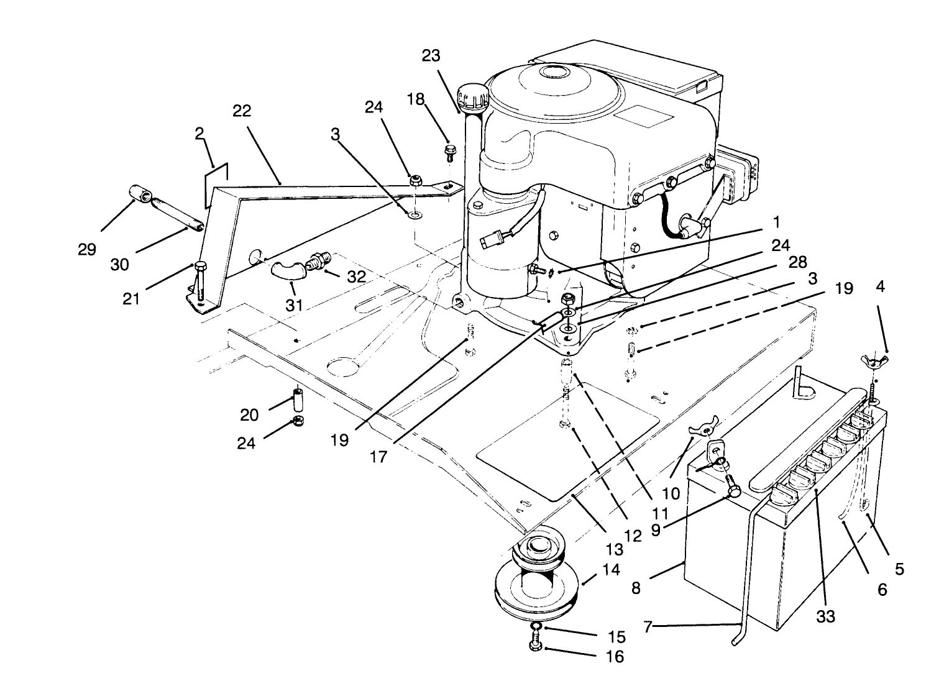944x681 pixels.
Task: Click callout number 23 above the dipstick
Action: point(431,56)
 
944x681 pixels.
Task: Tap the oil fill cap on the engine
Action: point(471,97)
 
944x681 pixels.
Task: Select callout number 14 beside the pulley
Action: point(612,569)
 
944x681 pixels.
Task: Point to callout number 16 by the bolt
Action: point(615,656)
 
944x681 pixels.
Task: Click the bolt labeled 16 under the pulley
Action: point(535,647)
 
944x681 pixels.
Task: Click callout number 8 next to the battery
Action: point(636,587)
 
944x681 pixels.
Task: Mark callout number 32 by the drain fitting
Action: point(356,277)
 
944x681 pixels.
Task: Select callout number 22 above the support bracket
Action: point(242,111)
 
